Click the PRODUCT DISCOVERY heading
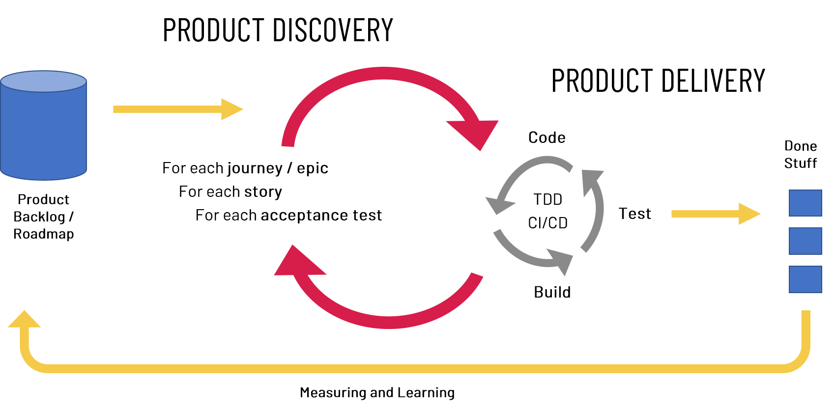[278, 30]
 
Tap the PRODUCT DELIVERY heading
[658, 81]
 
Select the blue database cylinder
[44, 125]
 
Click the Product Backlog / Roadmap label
[44, 217]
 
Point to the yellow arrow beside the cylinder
[178, 109]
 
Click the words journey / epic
[278, 168]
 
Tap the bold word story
[263, 192]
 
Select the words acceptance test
[321, 215]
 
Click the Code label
[547, 138]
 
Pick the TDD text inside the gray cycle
[547, 200]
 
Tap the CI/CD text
[547, 223]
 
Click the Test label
[635, 214]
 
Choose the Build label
[552, 292]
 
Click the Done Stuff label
[800, 155]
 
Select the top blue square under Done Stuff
[805, 203]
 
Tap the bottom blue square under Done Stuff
[805, 279]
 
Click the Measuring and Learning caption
[377, 393]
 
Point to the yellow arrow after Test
[716, 214]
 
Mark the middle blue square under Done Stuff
[805, 241]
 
